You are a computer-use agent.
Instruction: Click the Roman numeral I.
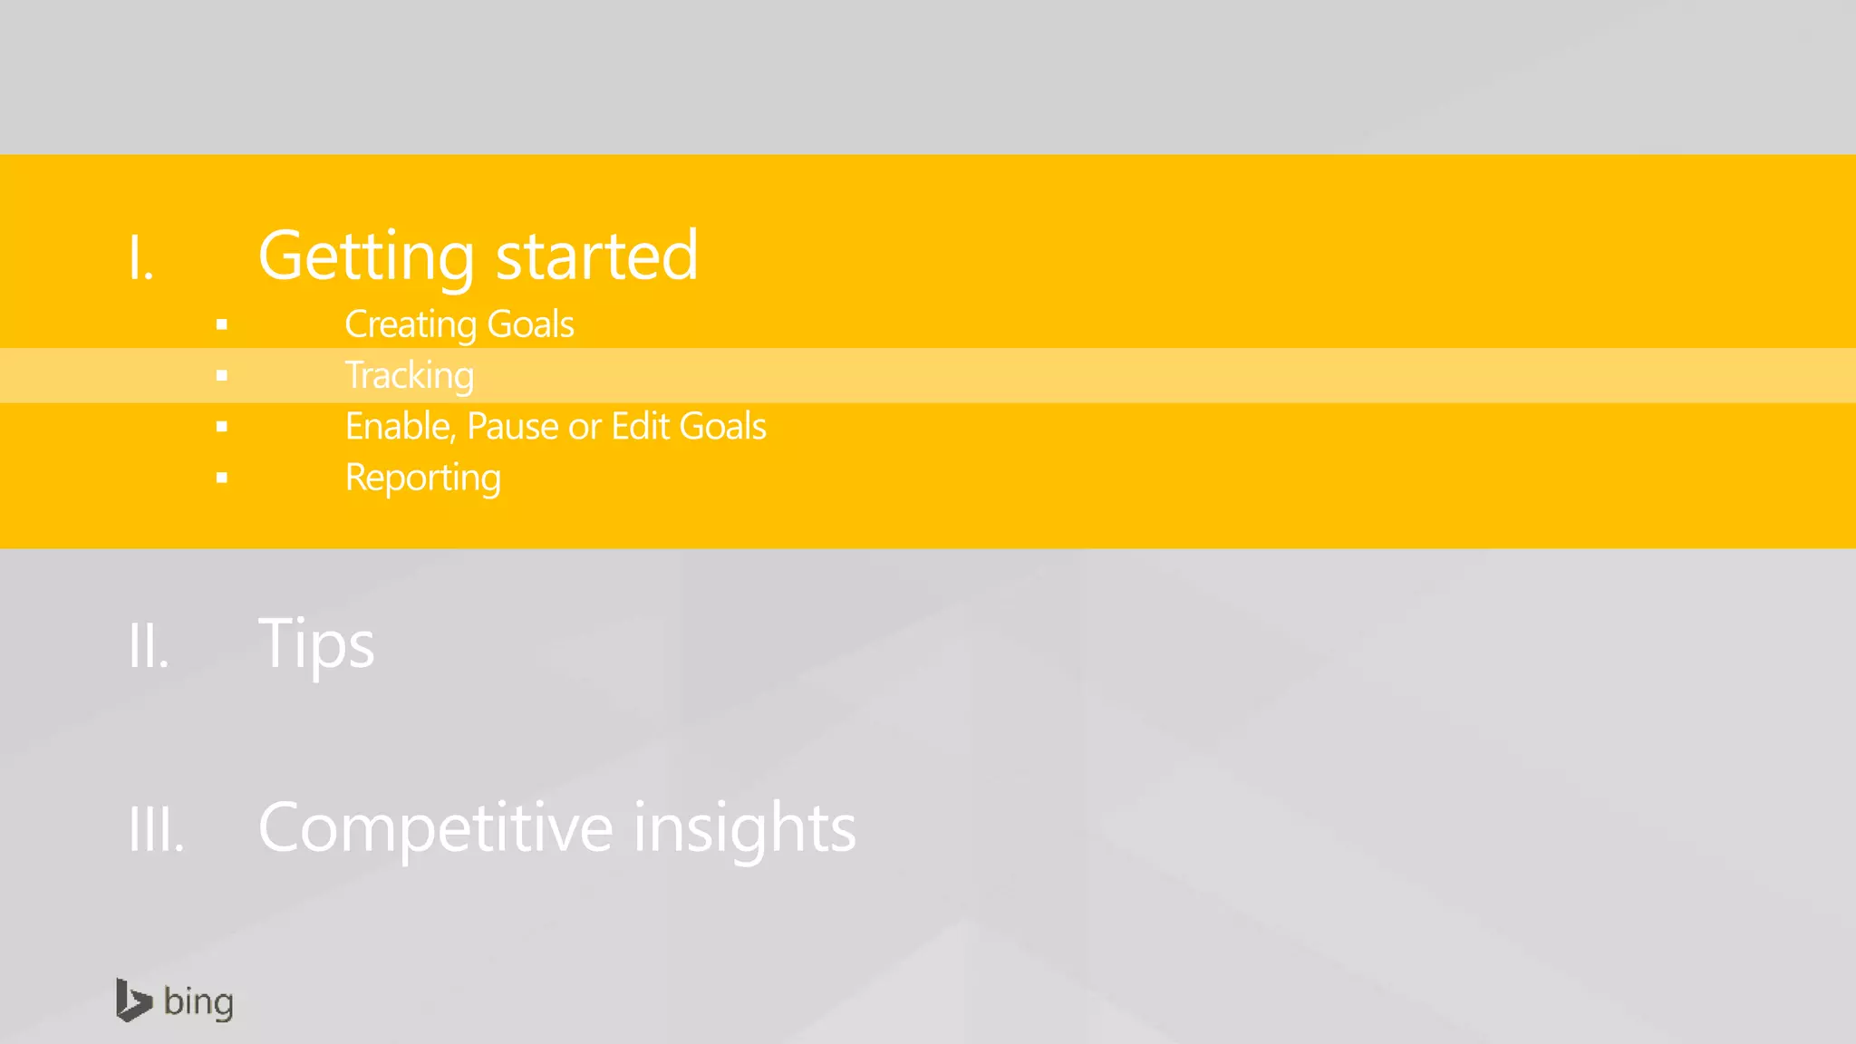coord(140,258)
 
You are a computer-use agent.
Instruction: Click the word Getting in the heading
coord(366,256)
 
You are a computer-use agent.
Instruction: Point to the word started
coord(597,256)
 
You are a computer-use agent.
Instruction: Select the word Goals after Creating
coord(530,324)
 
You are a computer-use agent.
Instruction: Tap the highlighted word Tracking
coord(410,375)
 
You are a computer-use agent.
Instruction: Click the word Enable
coord(400,427)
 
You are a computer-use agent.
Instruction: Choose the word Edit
coord(641,427)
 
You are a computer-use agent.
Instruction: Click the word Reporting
coord(423,478)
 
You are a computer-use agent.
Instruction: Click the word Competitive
coord(436,828)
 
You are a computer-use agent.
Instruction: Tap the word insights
coord(744,828)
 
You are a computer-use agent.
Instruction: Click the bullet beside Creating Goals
coord(222,324)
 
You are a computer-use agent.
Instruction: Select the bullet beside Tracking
coord(222,375)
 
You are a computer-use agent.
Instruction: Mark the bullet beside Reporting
coord(222,478)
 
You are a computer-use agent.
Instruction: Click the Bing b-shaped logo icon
coord(133,1000)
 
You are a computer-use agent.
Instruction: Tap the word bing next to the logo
coord(198,1002)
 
